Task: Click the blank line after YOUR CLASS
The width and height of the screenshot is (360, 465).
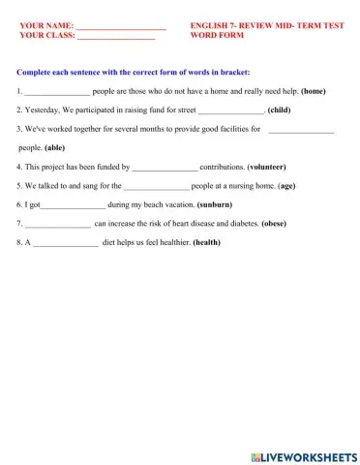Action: (x=115, y=37)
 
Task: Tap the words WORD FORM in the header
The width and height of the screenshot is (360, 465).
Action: (x=215, y=37)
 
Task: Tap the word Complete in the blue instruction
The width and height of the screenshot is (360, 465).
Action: (x=35, y=72)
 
